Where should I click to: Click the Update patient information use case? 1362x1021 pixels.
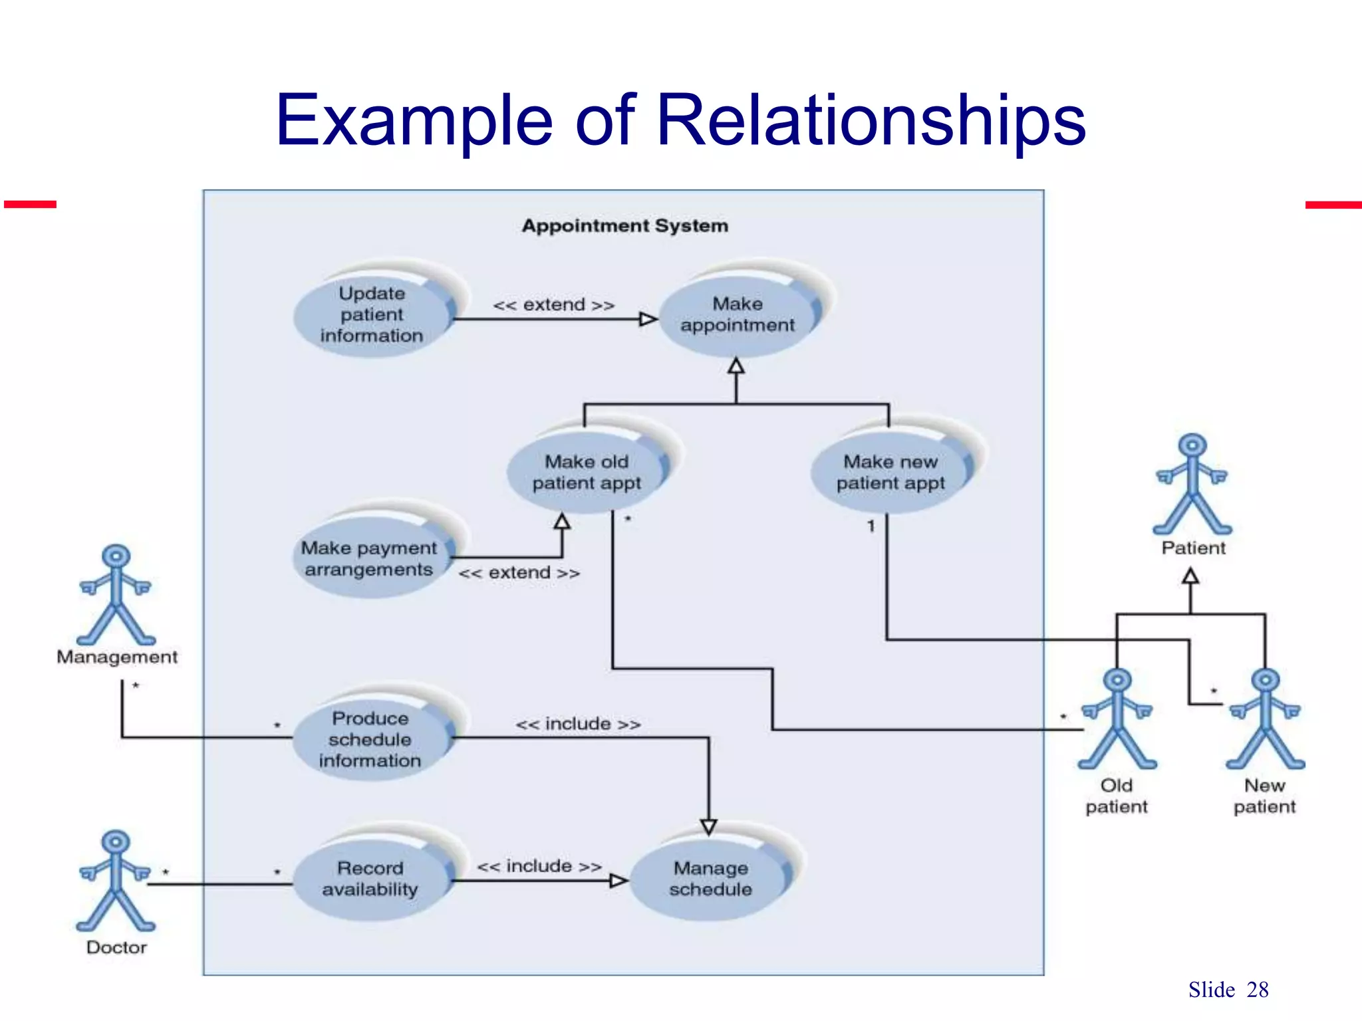pyautogui.click(x=372, y=314)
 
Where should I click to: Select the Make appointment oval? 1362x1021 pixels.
pyautogui.click(x=737, y=314)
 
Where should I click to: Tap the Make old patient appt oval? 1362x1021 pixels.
pyautogui.click(x=586, y=472)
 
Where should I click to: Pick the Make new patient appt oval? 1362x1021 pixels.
pyautogui.click(x=890, y=472)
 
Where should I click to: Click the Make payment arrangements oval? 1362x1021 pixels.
pyautogui.click(x=370, y=558)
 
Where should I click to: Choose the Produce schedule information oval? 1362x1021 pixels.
pyautogui.click(x=370, y=738)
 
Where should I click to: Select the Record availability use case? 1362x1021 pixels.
pyautogui.click(x=370, y=878)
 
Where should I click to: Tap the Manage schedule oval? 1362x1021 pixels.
pyautogui.click(x=710, y=878)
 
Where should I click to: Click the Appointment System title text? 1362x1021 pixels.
pyautogui.click(x=624, y=226)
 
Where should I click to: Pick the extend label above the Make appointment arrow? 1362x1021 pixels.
pyautogui.click(x=553, y=305)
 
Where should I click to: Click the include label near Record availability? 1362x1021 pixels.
pyautogui.click(x=539, y=866)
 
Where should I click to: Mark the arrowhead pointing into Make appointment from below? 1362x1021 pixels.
pyautogui.click(x=736, y=366)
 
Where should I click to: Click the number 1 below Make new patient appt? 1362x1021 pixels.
pyautogui.click(x=871, y=526)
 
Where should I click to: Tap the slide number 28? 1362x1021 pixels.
pyautogui.click(x=1257, y=990)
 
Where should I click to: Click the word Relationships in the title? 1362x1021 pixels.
pyautogui.click(x=871, y=121)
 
